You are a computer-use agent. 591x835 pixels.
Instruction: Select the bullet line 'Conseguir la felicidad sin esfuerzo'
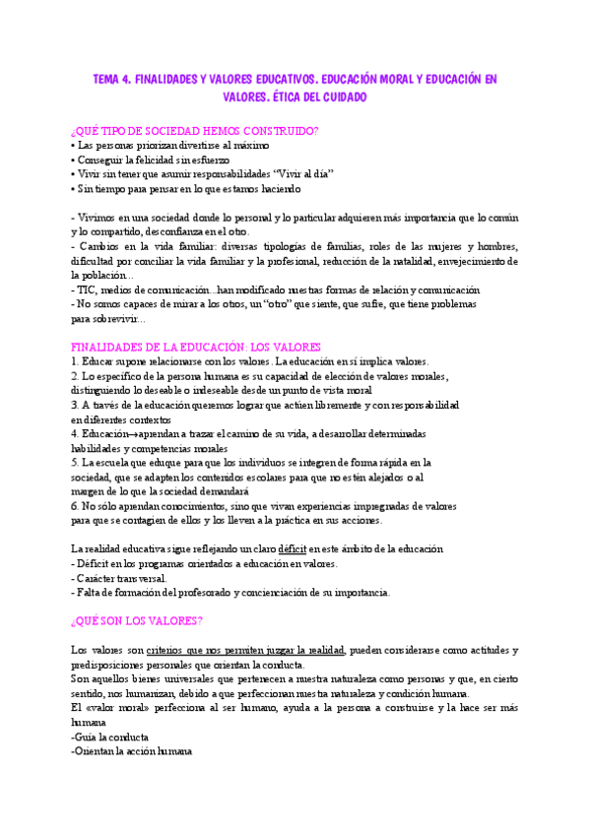click(150, 159)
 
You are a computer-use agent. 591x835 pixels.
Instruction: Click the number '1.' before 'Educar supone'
click(76, 361)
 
